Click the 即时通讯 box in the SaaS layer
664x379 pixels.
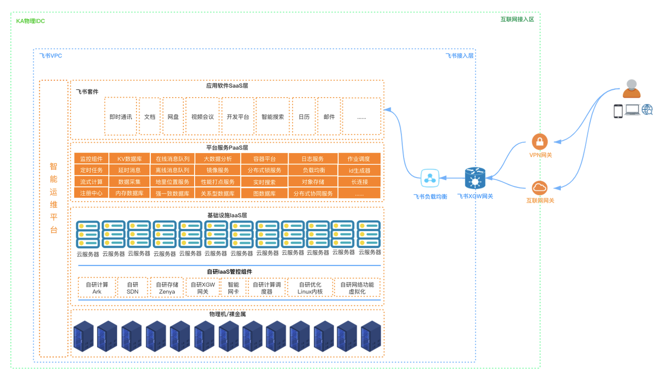[120, 116]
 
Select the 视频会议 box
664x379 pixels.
[202, 116]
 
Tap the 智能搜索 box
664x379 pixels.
[272, 116]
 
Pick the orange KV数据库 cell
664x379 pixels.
[129, 158]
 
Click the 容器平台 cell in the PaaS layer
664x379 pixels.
[264, 158]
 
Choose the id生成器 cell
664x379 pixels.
[359, 170]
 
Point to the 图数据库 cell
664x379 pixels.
[264, 193]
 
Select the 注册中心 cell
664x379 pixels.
[91, 193]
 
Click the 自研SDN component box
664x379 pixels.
[132, 288]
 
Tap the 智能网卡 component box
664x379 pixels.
[233, 288]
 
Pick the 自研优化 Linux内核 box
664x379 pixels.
[310, 288]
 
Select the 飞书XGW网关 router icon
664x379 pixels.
[474, 178]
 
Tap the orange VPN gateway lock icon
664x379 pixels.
[540, 142]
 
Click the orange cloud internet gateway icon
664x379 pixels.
[540, 187]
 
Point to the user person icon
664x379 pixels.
[631, 89]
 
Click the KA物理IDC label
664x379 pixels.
[31, 21]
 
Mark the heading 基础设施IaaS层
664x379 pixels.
[227, 214]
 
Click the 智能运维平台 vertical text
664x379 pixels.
[53, 198]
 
